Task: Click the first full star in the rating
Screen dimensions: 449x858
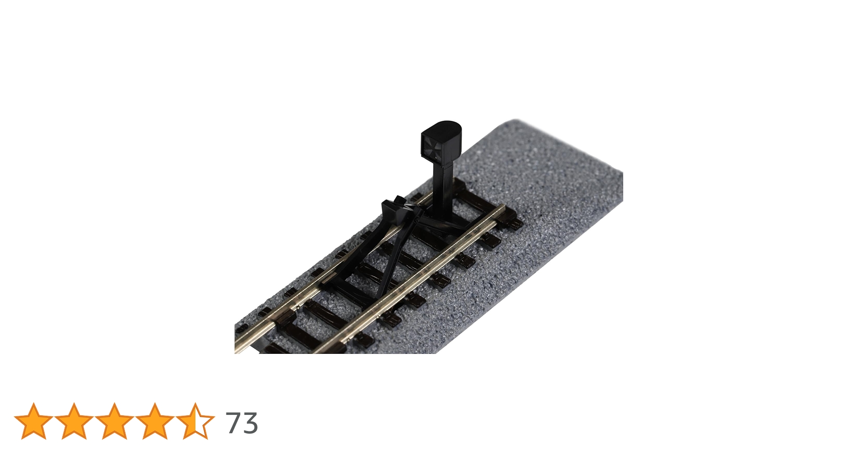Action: pos(34,421)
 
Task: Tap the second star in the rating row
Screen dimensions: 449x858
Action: pos(74,421)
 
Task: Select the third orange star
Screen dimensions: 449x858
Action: pos(115,421)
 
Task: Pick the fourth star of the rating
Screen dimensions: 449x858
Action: pos(155,421)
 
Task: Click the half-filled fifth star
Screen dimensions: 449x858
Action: pos(195,421)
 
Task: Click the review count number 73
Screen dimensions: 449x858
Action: pos(242,423)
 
